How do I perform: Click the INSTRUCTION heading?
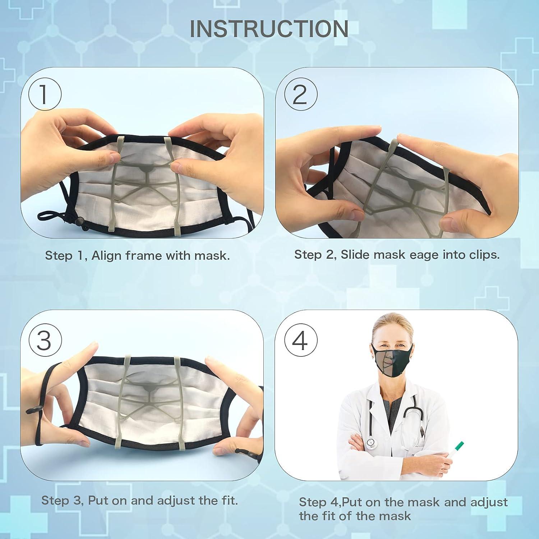269,29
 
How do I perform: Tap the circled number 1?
45,94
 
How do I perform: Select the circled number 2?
301,94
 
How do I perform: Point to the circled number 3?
45,339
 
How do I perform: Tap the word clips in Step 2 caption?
484,255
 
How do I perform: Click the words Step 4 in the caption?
313,502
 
